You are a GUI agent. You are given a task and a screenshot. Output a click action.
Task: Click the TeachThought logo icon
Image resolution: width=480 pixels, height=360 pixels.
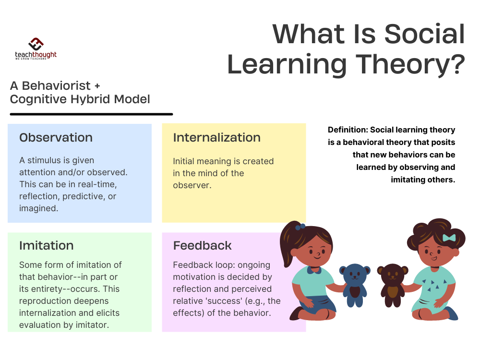coord(36,44)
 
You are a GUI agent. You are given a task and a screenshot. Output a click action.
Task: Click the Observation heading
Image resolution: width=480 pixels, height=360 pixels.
coord(56,138)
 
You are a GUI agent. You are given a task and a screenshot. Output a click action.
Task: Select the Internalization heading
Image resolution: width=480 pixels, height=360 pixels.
coord(216,138)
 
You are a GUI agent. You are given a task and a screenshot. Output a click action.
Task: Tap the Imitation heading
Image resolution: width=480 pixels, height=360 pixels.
coord(46,246)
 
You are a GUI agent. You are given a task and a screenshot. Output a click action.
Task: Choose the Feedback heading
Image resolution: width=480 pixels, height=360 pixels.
coord(202,246)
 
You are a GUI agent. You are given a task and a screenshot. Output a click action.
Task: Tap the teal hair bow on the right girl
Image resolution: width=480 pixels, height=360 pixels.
coord(449,238)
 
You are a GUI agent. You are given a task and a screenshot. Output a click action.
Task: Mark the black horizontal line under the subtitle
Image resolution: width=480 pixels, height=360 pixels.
coord(91,114)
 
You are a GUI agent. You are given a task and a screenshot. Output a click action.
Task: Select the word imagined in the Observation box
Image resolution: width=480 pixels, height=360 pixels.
coord(39,208)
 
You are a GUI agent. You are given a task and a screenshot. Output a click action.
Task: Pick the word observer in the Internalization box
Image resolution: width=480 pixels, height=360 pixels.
coord(192,185)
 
